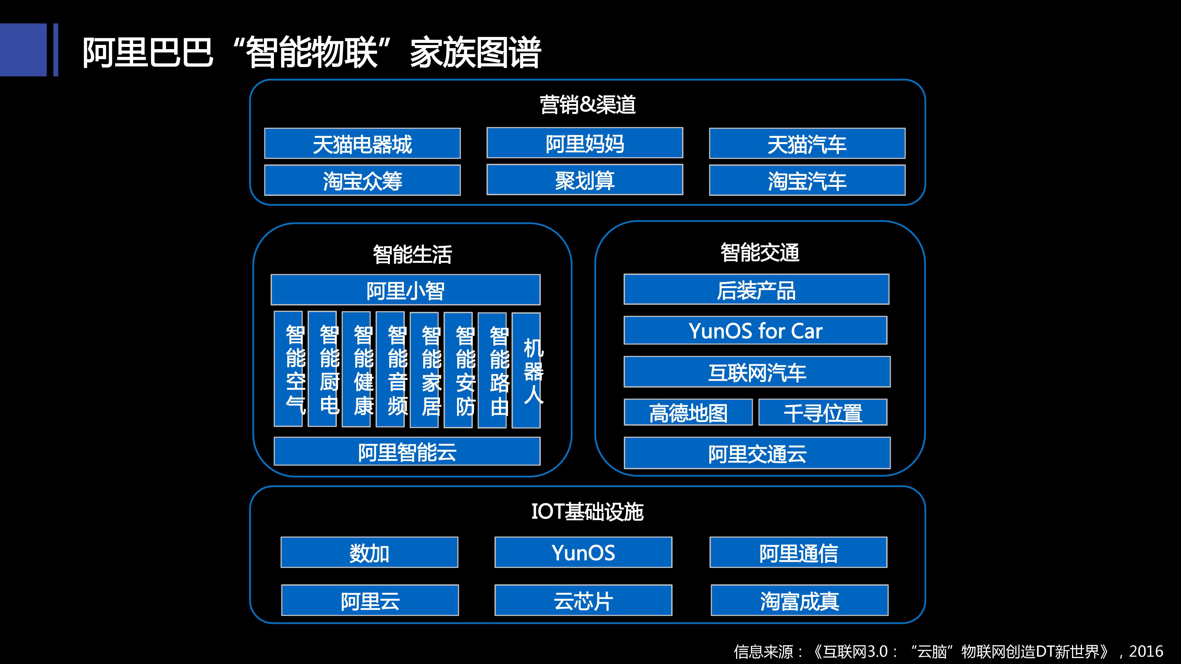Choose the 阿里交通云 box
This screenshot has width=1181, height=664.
coord(757,453)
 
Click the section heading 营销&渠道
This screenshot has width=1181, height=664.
coord(587,104)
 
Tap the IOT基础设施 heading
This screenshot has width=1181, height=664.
coord(587,512)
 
